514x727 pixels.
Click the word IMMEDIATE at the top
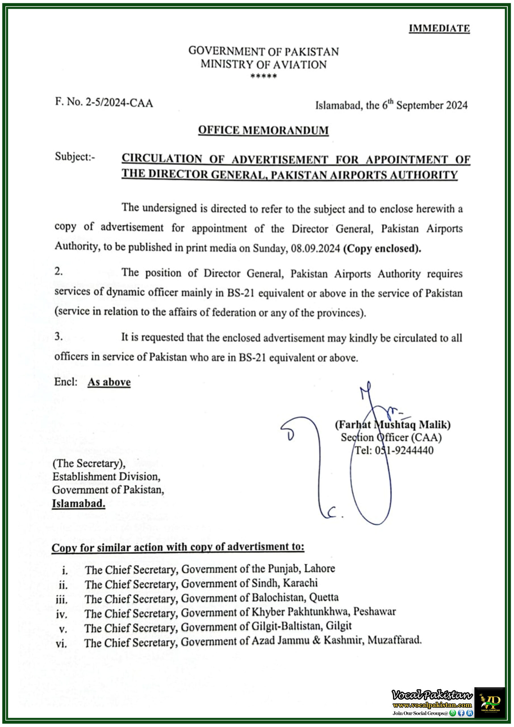(439, 28)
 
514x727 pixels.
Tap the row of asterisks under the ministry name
(264, 76)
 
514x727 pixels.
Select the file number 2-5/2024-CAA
(119, 103)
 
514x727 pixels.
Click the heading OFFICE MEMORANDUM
(263, 130)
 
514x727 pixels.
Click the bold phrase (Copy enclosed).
(382, 248)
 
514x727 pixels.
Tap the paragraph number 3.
(58, 336)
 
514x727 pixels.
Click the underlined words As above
(109, 382)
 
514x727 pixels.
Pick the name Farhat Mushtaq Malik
(393, 425)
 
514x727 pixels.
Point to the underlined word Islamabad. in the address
(79, 504)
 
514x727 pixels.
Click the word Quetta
(324, 597)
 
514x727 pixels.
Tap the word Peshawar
(374, 611)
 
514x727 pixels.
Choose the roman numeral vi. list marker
(61, 644)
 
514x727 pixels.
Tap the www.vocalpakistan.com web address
(432, 705)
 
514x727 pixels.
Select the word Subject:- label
(75, 156)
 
